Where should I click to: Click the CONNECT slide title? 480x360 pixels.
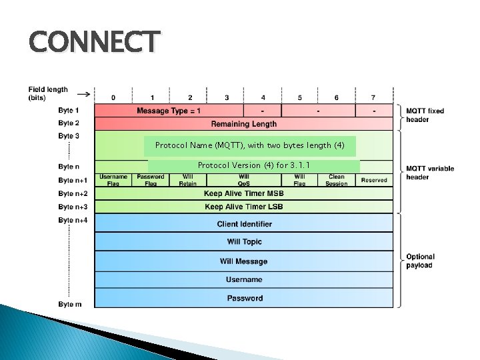coord(94,41)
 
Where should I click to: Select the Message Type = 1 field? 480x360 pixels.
coord(169,111)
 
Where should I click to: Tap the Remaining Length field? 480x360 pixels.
coord(243,123)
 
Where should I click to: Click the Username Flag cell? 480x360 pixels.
coord(113,180)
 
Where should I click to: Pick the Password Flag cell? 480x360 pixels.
coord(151,180)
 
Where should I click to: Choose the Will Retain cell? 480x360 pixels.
coord(188,180)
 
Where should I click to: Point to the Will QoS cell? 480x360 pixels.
coord(243,180)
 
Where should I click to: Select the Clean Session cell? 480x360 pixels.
coord(337,180)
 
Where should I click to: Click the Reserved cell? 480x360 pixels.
coord(374,180)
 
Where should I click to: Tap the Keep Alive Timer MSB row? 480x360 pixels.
coord(243,193)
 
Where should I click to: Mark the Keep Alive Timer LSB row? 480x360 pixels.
coord(243,207)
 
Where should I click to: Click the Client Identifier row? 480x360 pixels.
coord(243,224)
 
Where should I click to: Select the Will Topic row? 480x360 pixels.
coord(243,242)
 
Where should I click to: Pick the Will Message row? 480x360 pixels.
coord(243,261)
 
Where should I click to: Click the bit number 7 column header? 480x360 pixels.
coord(373,97)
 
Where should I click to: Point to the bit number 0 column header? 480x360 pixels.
coord(113,97)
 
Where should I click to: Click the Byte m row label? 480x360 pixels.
coord(70,304)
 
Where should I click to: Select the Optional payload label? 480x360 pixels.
coord(420,261)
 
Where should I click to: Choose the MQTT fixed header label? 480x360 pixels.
coord(425,115)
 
